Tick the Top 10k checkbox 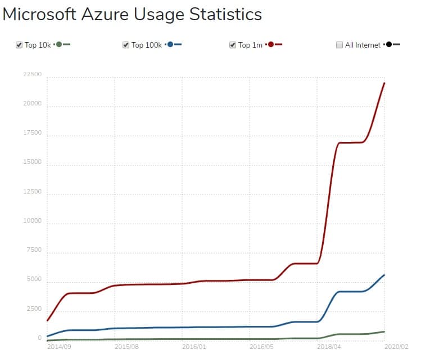[19, 45]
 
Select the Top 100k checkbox [126, 45]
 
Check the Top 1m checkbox [233, 45]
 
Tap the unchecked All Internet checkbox [339, 45]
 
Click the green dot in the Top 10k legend [59, 44]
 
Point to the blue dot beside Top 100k [170, 44]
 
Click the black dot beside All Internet [388, 44]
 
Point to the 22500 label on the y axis [31, 75]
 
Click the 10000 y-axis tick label [31, 221]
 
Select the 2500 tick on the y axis [33, 309]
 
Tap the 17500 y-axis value [31, 133]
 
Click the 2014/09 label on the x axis [58, 347]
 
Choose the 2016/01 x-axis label [193, 347]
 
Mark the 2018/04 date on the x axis [329, 347]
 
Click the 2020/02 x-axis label [396, 347]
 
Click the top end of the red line [384, 83]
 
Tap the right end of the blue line [384, 275]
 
